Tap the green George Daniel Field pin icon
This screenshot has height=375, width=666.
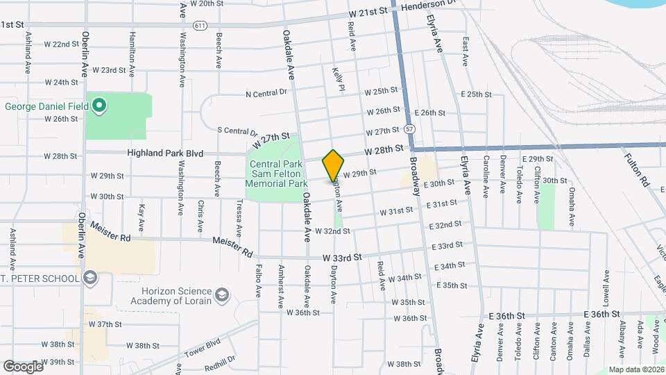[x=99, y=106]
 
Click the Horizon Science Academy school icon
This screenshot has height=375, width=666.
[x=221, y=295]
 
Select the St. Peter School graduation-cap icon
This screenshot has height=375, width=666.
[x=88, y=278]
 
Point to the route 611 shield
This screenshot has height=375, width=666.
[x=200, y=25]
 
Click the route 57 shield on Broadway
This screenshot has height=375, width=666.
[x=411, y=129]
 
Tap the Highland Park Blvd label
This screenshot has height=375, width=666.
[x=164, y=153]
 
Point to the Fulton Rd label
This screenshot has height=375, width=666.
[x=644, y=171]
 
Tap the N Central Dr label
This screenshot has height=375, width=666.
[x=266, y=93]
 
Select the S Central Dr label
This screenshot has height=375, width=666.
[x=237, y=131]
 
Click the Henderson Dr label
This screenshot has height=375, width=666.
[x=430, y=6]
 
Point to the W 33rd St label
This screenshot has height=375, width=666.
[x=342, y=257]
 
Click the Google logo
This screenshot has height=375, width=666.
[x=23, y=366]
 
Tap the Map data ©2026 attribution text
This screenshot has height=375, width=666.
[x=635, y=369]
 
